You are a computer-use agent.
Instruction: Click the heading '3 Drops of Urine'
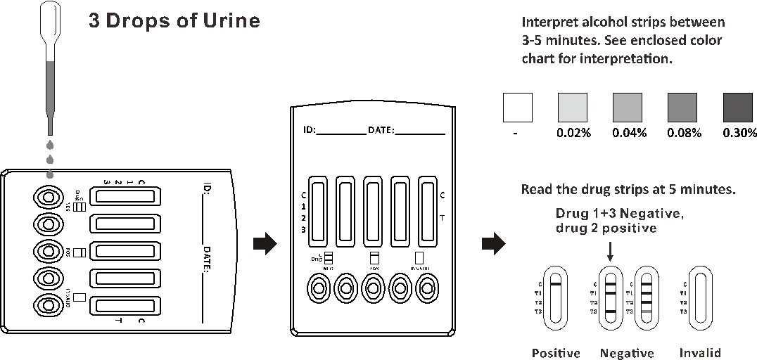pos(174,20)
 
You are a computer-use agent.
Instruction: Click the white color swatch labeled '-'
pos(517,108)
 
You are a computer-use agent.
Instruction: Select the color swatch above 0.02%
pos(573,108)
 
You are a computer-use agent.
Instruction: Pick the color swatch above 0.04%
pos(628,108)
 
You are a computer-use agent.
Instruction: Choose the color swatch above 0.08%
pos(682,108)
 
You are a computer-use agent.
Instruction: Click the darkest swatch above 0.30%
pos(738,108)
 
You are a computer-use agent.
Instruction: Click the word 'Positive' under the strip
pos(556,353)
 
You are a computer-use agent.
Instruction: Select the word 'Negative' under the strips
pos(627,353)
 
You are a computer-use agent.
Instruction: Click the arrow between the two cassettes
pos(263,243)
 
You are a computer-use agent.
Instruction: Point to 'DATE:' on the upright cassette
pos(381,130)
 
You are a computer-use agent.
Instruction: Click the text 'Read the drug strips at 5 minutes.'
pos(628,189)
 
